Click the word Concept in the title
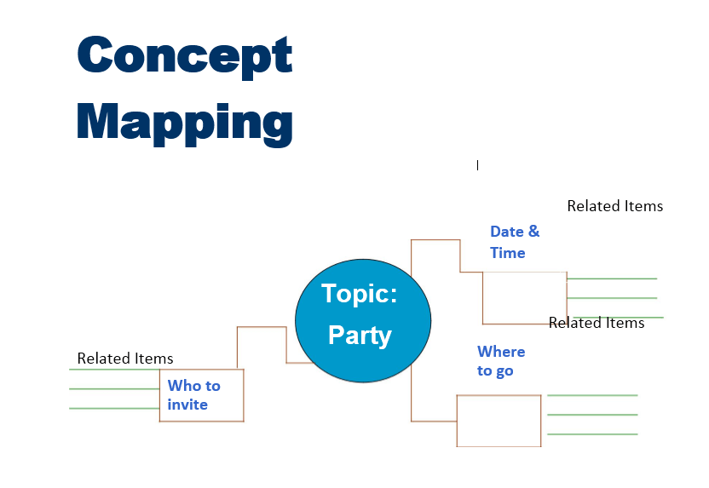(x=184, y=56)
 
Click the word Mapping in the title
(x=184, y=123)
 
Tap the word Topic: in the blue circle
(x=360, y=294)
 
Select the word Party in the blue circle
(x=360, y=336)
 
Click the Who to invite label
(x=194, y=395)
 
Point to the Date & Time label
(x=515, y=242)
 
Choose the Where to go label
(x=501, y=360)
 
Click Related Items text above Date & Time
(x=615, y=206)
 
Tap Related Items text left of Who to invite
(x=125, y=359)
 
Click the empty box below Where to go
(x=499, y=395)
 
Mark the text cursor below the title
(x=477, y=165)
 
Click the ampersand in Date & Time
(x=534, y=231)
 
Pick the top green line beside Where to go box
(x=592, y=395)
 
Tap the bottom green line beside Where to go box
(x=592, y=434)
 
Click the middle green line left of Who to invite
(x=114, y=388)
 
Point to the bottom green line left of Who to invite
(x=114, y=409)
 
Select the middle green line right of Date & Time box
(x=612, y=298)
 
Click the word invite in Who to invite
(x=187, y=405)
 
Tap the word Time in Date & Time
(x=508, y=253)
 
